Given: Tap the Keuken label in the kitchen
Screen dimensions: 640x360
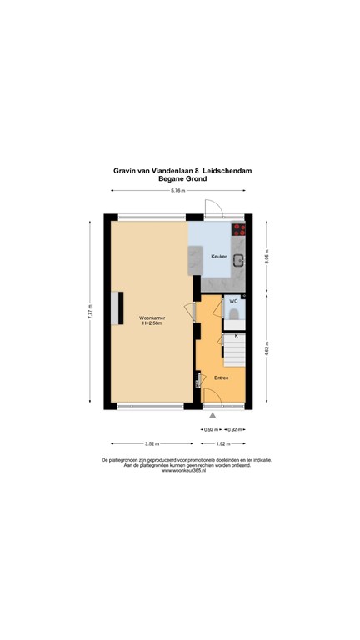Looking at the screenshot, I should click(x=218, y=256).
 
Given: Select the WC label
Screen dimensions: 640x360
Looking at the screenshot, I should click(x=233, y=302).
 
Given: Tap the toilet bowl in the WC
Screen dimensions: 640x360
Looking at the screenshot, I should click(x=234, y=313).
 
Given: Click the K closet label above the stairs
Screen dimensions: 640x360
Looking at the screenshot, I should click(x=236, y=335).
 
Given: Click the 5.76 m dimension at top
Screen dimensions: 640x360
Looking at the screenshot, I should click(x=177, y=191).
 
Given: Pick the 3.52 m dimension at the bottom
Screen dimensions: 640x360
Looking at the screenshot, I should click(x=152, y=444).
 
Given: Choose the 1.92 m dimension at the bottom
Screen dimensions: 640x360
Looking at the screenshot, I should click(x=222, y=444).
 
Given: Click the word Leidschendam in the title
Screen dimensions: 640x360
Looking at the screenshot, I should click(x=227, y=170).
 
